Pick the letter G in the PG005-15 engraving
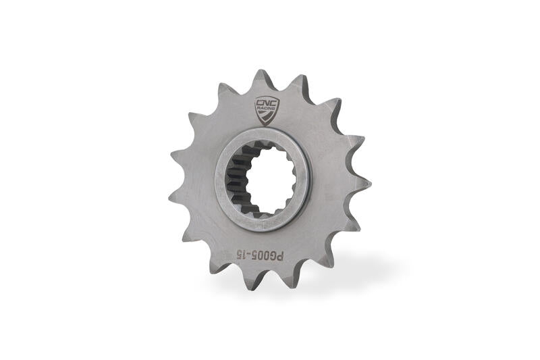(x=272, y=256)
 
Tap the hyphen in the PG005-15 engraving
(x=248, y=255)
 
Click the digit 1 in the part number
(x=243, y=255)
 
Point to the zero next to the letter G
(x=265, y=256)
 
